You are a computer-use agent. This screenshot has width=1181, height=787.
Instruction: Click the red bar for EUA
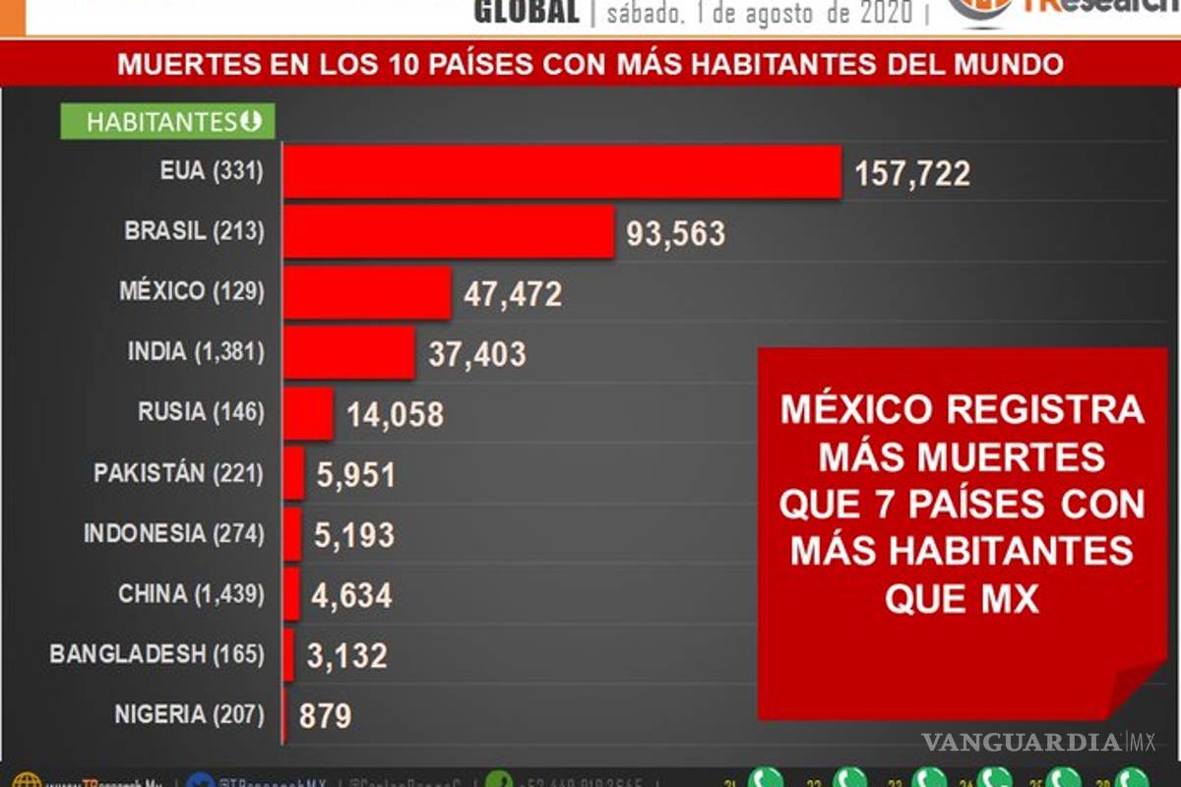[x=562, y=171]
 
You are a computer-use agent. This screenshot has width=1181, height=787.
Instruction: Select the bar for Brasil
[x=449, y=232]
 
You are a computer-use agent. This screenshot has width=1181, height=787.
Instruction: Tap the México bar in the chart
[x=367, y=292]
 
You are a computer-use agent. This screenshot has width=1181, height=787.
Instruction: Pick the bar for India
[x=348, y=352]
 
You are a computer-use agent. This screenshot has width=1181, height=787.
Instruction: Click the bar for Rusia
[x=309, y=413]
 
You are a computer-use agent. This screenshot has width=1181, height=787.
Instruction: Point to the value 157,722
[x=912, y=174]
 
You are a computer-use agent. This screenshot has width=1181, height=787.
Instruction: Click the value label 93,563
[x=676, y=234]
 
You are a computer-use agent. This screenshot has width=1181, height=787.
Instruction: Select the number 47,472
[x=513, y=294]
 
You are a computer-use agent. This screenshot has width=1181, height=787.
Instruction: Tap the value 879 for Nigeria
[x=325, y=715]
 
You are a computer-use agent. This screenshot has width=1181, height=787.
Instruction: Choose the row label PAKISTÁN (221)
[x=179, y=473]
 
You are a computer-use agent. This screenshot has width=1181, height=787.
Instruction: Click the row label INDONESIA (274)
[x=174, y=534]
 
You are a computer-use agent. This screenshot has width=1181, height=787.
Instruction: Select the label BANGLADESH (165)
[x=157, y=654]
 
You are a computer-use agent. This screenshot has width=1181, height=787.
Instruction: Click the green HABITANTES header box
[x=168, y=122]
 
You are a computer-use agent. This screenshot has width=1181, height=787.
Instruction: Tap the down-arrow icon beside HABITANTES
[x=251, y=122]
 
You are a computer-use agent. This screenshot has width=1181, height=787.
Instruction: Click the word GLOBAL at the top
[x=527, y=12]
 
